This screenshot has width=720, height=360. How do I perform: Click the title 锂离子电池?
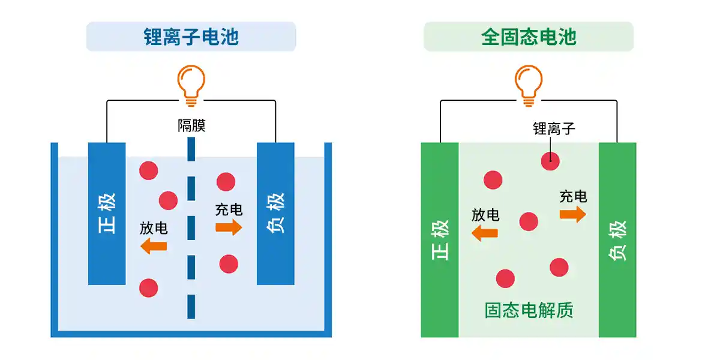(191, 37)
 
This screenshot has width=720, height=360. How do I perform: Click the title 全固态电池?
(528, 37)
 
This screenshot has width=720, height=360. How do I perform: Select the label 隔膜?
(191, 126)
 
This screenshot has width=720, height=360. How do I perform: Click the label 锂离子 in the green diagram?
(554, 128)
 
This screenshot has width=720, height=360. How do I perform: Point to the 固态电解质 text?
(529, 310)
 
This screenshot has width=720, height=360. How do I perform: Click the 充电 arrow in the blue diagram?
(229, 227)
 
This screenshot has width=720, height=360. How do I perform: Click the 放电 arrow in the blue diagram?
(154, 245)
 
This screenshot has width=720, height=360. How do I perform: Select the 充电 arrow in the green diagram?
(572, 214)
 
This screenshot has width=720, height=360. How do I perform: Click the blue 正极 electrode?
(107, 213)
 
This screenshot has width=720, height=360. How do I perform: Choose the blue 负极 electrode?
(275, 213)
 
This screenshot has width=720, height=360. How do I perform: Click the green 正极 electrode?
(440, 240)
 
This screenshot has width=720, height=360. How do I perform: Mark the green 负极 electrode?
(617, 240)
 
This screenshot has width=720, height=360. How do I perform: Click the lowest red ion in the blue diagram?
(148, 288)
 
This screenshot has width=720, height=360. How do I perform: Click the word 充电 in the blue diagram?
(229, 209)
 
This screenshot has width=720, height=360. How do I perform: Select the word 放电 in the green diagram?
(485, 215)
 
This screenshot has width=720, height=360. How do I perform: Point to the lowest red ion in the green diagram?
(505, 278)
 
